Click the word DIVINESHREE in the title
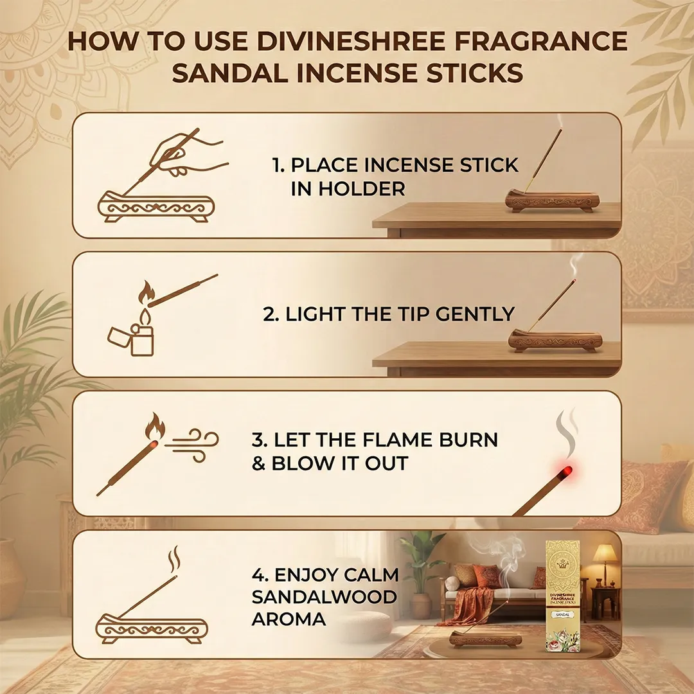coord(351,40)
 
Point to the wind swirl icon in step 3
coord(191,445)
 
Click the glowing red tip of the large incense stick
coord(565,472)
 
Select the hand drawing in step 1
coord(188,155)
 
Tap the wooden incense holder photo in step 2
coord(555,341)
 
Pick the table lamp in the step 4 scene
coord(605,562)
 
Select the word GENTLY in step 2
coord(475,314)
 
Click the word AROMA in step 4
coord(289,619)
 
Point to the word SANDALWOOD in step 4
coord(325,596)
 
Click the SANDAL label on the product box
coord(562,614)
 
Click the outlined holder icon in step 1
coord(156,206)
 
